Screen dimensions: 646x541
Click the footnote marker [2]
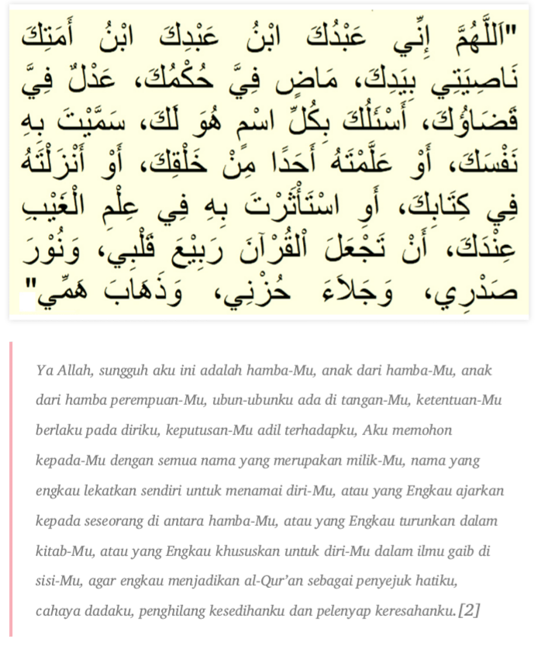point(469,612)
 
